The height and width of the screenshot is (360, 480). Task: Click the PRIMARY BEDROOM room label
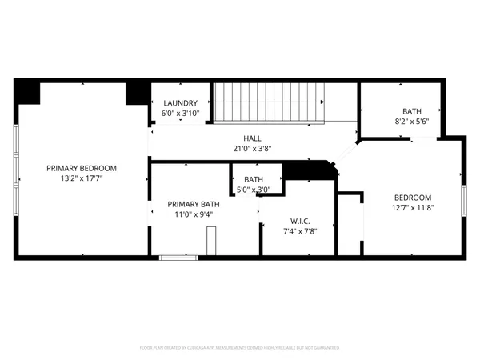[x=82, y=168]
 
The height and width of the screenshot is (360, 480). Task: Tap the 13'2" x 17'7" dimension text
[x=82, y=178]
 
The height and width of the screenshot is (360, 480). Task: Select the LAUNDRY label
[x=180, y=103]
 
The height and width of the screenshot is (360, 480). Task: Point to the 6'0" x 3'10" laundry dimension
[x=180, y=114]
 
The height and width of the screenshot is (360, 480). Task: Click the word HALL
[x=253, y=138]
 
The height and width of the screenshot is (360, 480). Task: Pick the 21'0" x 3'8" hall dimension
[x=253, y=148]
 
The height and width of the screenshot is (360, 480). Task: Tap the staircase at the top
[x=267, y=102]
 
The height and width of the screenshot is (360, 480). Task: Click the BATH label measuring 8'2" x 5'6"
[x=411, y=112]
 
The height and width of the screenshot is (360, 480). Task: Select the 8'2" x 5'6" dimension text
[x=411, y=122]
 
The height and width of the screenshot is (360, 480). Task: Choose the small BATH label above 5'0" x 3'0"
[x=254, y=179]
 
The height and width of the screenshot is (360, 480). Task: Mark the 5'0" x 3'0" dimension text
[x=254, y=190]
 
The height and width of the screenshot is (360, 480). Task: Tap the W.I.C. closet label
[x=301, y=221]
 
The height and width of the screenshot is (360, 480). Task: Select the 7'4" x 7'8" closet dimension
[x=301, y=231]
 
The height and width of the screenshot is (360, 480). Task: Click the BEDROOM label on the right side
[x=413, y=198]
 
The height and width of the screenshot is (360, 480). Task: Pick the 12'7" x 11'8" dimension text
[x=413, y=208]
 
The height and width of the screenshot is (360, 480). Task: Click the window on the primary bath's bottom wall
[x=178, y=257]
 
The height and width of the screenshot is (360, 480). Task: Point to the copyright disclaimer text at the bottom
[x=240, y=348]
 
